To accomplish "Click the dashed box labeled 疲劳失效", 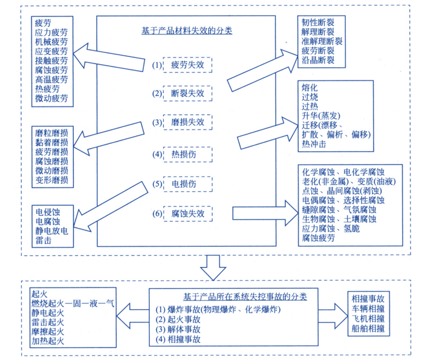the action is [x=187, y=65].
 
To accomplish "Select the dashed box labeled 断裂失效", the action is [x=187, y=93].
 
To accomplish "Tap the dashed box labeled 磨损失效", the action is [x=187, y=122].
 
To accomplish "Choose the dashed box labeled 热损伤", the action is [x=187, y=154].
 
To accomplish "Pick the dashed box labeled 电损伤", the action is [x=187, y=184].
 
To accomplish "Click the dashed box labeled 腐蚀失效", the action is [x=188, y=214].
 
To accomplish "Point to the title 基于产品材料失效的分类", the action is [x=187, y=31].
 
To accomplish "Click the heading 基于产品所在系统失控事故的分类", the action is [x=245, y=296].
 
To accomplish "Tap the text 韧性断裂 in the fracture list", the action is [x=318, y=22].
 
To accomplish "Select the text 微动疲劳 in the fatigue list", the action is [x=51, y=98].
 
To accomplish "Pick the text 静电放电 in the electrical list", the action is [x=51, y=231].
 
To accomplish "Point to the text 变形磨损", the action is [x=51, y=180].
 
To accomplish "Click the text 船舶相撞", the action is [x=368, y=328].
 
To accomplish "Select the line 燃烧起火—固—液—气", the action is [x=73, y=304].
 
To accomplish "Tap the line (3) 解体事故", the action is [x=178, y=329].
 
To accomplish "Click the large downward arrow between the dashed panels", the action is [x=213, y=267].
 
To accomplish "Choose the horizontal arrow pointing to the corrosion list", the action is [x=265, y=213].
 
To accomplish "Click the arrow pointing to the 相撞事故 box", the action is [x=333, y=316].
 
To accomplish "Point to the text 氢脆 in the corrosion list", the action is [x=352, y=228].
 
